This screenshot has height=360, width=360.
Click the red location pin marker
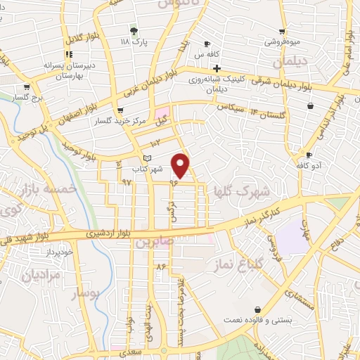[x=181, y=166]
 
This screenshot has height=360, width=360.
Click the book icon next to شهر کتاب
[x=147, y=157]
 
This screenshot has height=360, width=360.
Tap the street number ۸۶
[x=161, y=266]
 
